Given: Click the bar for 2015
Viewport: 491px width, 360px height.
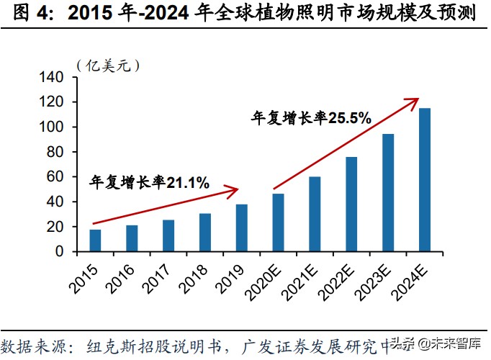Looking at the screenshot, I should pos(95,240).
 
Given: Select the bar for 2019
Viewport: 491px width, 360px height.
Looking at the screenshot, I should pos(242,228).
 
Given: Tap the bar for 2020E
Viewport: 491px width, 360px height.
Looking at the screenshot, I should pos(278,222).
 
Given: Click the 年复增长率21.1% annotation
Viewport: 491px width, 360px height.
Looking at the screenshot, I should pos(149,183).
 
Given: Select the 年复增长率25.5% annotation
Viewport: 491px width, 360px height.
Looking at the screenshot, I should pos(310,117).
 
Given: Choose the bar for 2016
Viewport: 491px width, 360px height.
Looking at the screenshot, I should pos(132,238).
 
